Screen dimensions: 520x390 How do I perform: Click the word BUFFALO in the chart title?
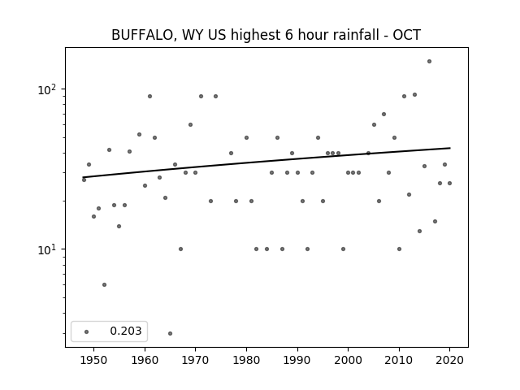pos(141,35)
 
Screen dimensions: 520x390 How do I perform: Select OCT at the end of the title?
pos(407,35)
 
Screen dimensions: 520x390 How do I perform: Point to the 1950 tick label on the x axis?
pos(94,360)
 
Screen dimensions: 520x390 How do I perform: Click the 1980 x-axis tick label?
pos(246,360)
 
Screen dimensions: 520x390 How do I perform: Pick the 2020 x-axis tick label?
pos(449,360)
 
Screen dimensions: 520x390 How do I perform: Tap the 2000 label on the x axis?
pos(349,360)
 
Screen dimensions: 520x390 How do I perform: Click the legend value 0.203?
pos(126,331)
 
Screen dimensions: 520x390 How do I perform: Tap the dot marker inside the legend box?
pos(87,331)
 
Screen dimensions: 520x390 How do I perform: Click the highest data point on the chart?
pos(429,62)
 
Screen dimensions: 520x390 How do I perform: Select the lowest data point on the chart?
pos(170,333)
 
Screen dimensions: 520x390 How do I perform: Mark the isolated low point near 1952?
pos(105,284)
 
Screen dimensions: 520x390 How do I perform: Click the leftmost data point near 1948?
pos(84,180)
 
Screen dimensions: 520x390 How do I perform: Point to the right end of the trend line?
pos(450,148)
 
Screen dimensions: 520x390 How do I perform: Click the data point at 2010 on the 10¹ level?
pos(399,249)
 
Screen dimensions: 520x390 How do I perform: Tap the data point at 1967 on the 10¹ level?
pos(180,249)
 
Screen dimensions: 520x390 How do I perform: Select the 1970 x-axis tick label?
pos(195,360)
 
